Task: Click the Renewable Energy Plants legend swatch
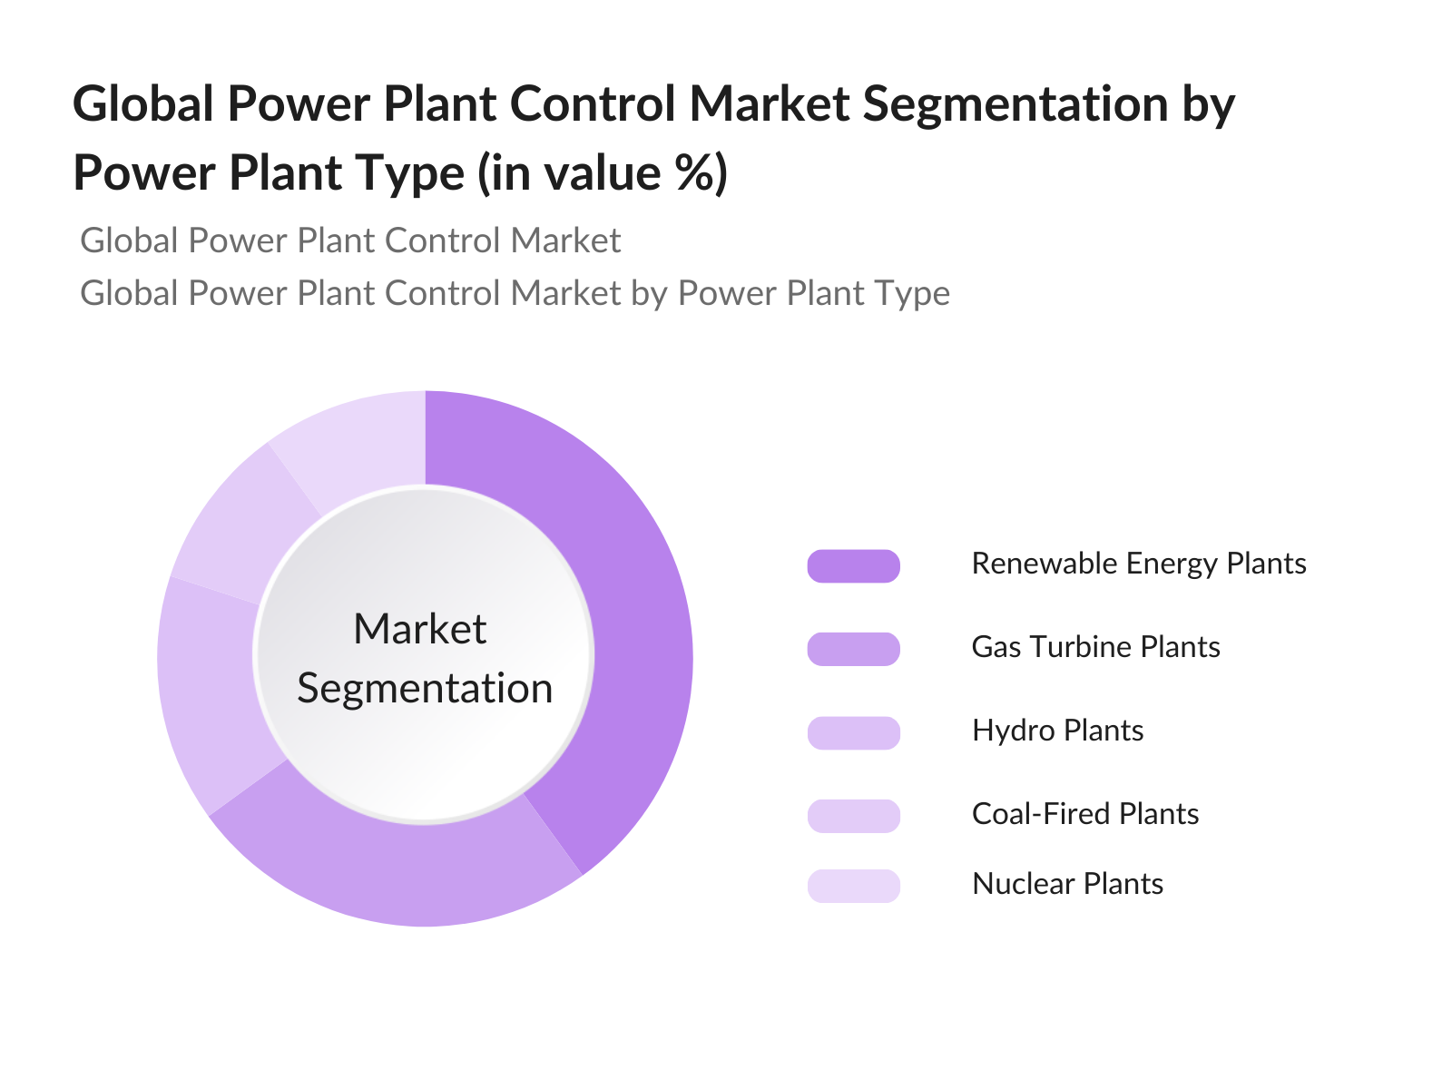(x=853, y=566)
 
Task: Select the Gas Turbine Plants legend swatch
(x=853, y=649)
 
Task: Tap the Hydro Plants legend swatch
(x=853, y=732)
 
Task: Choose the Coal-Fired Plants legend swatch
(x=853, y=816)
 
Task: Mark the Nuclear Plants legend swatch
(x=853, y=886)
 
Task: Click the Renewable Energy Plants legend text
(x=1139, y=564)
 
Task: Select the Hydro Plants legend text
(x=1058, y=731)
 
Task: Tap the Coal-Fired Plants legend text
(x=1085, y=814)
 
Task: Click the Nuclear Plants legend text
(x=1067, y=884)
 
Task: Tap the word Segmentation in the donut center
(x=425, y=689)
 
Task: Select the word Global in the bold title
(x=142, y=103)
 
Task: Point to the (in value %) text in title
(x=602, y=173)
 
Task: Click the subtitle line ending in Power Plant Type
(x=515, y=293)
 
